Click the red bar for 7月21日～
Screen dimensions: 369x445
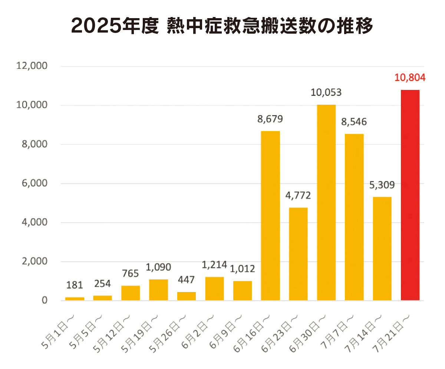coord(410,195)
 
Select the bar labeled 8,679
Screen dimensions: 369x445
coord(270,215)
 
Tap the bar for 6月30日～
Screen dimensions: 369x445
coord(326,202)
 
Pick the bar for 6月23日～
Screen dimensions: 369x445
coord(298,254)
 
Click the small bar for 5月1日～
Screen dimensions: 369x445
coord(75,298)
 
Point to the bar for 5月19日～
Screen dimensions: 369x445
coord(158,290)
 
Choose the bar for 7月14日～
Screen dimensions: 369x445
coord(382,248)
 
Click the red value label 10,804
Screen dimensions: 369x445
coord(410,78)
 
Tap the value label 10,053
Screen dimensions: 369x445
coord(326,93)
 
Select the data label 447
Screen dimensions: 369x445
coord(186,280)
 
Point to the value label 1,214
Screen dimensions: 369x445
coord(214,265)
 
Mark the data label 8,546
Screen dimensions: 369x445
coord(354,122)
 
